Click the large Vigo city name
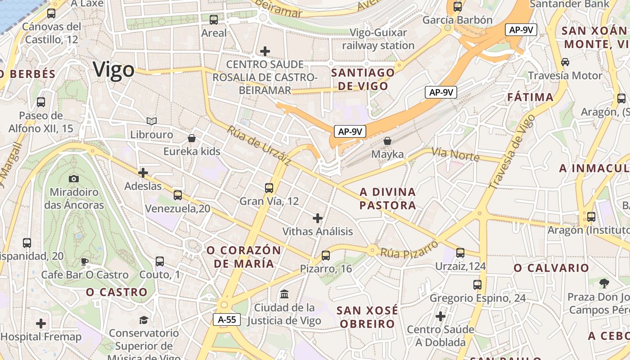(113, 70)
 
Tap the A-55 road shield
(227, 319)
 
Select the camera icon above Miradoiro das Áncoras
(74, 179)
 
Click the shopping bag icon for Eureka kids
(192, 138)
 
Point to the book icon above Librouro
(152, 121)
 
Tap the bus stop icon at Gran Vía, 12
(269, 188)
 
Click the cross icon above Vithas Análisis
(318, 218)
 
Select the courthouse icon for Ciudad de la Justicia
(284, 294)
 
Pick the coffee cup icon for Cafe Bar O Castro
(84, 261)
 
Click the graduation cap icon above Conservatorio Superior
(144, 320)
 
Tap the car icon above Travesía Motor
(565, 62)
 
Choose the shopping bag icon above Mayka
(387, 141)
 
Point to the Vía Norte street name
(455, 153)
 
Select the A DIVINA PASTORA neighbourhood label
(387, 198)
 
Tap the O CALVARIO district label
(551, 268)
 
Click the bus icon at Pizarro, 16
(326, 256)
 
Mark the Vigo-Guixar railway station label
(378, 39)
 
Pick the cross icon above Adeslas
(143, 172)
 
